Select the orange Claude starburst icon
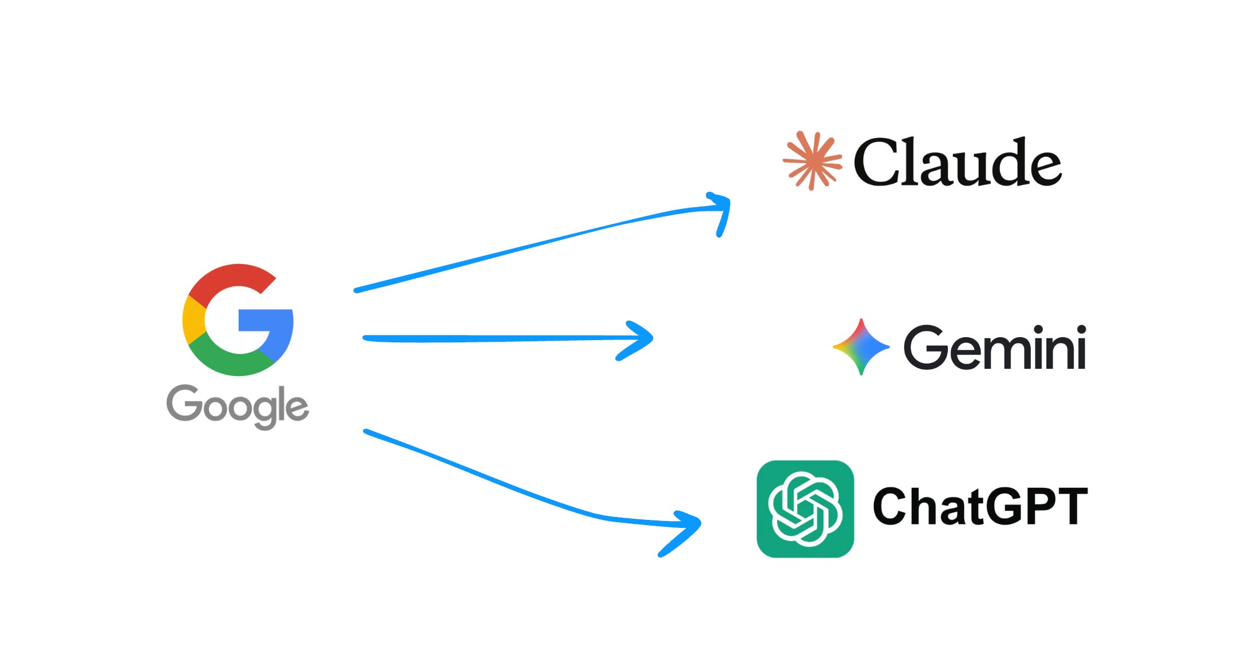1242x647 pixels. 812,160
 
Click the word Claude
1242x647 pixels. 958,163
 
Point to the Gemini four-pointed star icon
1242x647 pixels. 861,347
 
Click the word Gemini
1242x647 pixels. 995,348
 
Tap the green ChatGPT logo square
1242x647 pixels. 805,508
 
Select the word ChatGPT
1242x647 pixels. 980,506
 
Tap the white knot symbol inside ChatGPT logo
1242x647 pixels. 805,508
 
